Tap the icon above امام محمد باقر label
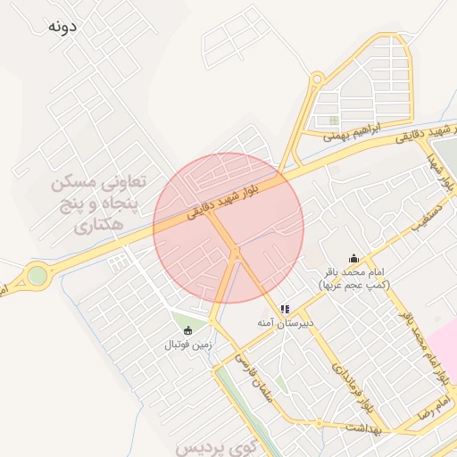353,259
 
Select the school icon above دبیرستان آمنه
285,309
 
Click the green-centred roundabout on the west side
37,276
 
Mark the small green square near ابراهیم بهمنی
334,120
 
